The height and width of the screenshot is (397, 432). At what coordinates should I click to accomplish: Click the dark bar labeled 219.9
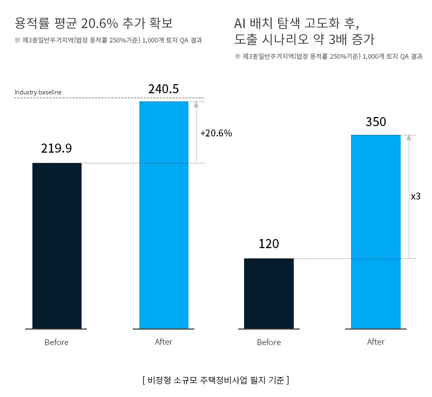coord(57,245)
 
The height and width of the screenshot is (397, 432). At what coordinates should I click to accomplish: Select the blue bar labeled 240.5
coord(164,215)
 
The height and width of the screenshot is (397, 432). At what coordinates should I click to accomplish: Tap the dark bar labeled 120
coord(268,293)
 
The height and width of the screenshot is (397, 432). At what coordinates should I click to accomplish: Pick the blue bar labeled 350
coord(376,231)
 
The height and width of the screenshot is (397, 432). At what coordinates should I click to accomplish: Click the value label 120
coord(268,244)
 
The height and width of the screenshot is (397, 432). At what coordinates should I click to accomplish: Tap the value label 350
coord(376,122)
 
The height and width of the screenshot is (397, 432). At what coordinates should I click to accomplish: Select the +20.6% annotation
coord(216,133)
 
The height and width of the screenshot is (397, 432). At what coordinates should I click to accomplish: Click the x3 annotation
coord(416,197)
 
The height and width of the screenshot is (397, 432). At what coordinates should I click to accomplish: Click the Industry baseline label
coord(38,92)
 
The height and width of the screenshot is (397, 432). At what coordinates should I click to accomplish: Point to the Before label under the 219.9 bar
coord(57,343)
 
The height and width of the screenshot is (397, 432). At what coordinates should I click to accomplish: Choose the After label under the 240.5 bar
coord(164,342)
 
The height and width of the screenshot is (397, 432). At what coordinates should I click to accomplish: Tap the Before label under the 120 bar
coord(269,343)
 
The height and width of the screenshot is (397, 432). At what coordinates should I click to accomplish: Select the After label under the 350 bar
coord(376,342)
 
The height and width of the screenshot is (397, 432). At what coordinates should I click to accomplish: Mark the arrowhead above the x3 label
coord(409,138)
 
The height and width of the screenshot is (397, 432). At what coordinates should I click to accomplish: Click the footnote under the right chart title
coord(328,57)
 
